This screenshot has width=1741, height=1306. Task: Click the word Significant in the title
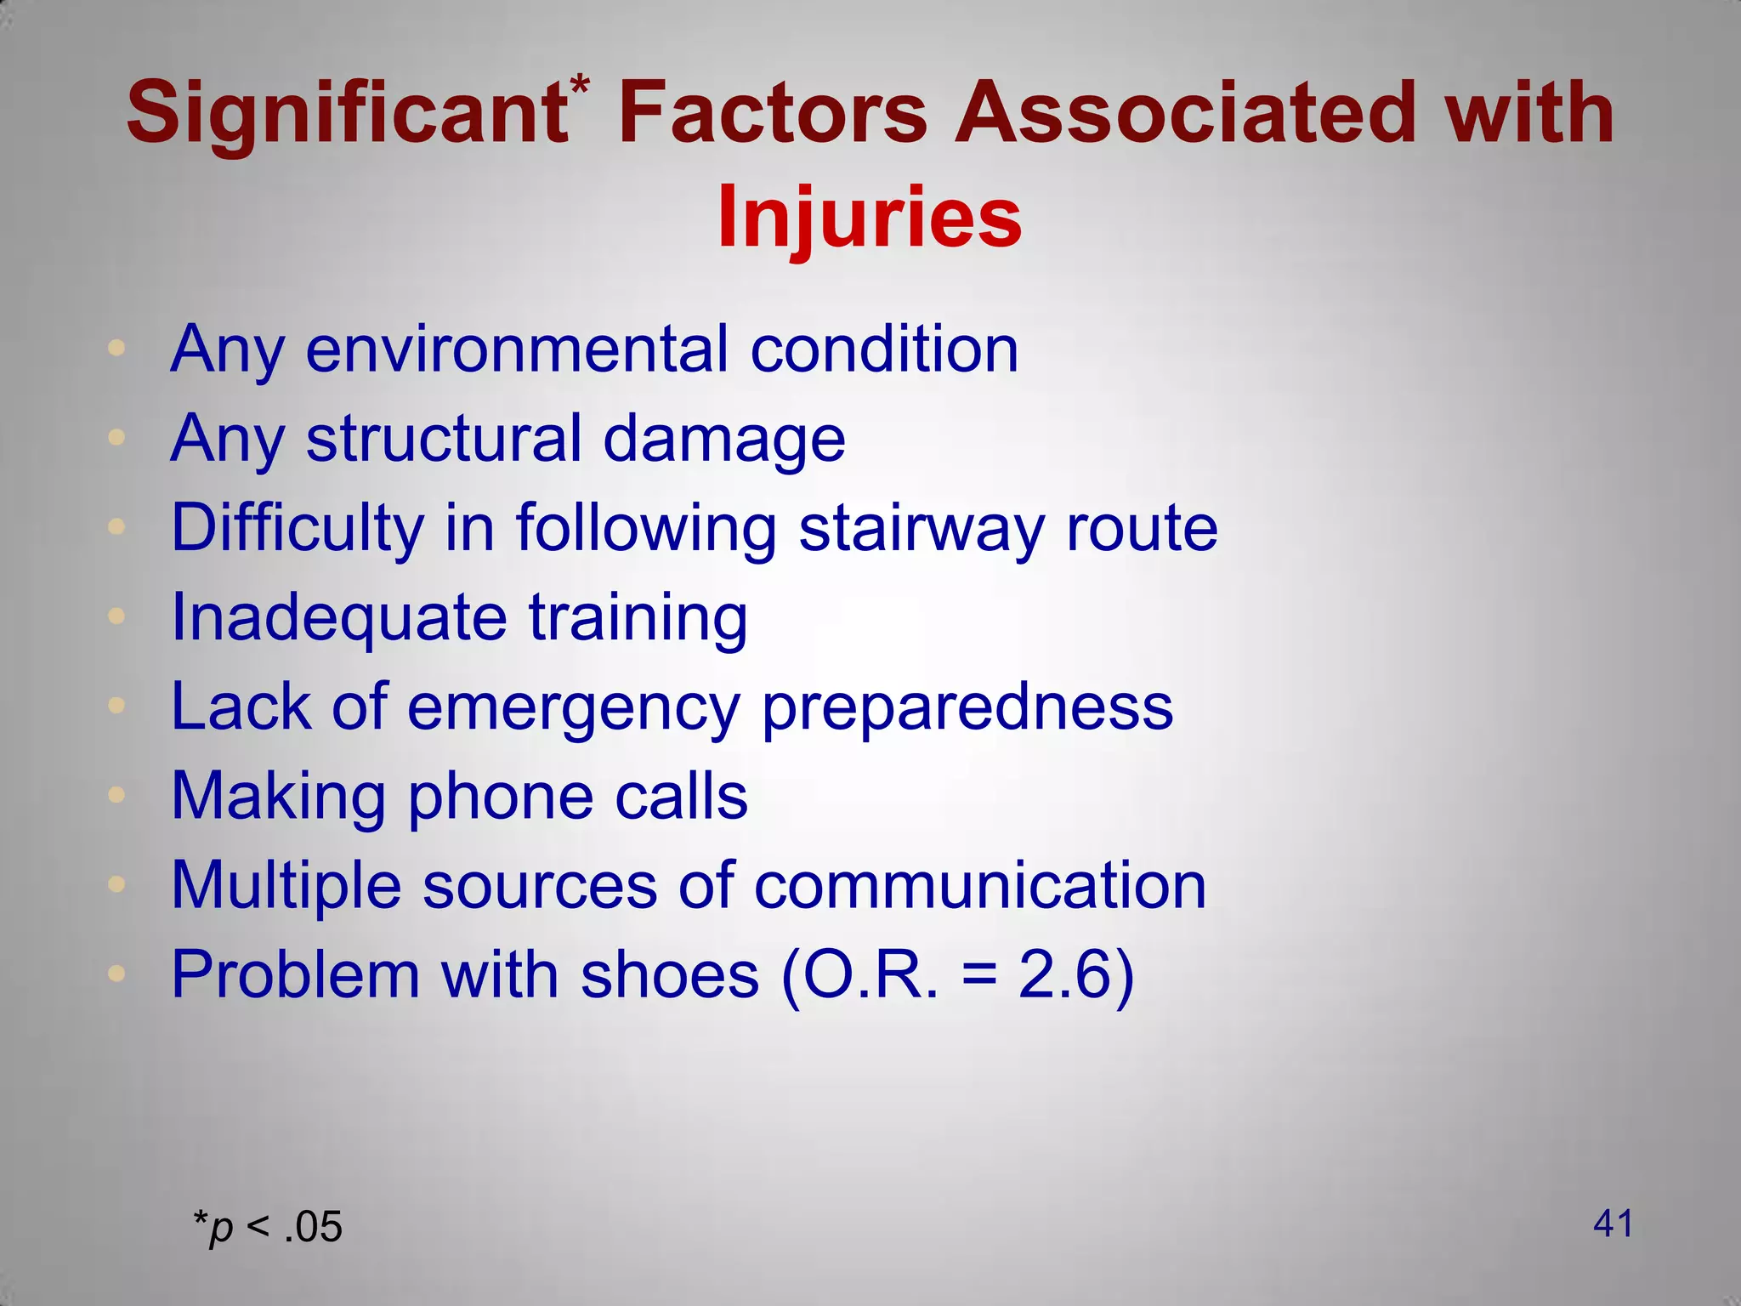coord(347,113)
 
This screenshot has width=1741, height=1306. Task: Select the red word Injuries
coord(869,218)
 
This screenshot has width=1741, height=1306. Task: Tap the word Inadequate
coord(339,617)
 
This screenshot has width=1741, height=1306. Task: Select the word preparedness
coord(967,707)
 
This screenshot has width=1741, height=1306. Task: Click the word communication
coord(979,885)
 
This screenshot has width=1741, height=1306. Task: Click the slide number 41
coord(1613,1224)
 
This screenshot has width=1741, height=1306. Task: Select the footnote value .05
coord(314,1228)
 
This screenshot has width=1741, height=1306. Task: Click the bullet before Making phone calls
coord(117,795)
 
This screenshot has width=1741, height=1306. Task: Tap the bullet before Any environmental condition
coord(117,348)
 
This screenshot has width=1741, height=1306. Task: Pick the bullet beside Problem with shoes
coord(117,973)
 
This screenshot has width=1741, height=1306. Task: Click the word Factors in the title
coord(772,113)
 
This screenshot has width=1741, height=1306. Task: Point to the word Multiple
coord(286,885)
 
